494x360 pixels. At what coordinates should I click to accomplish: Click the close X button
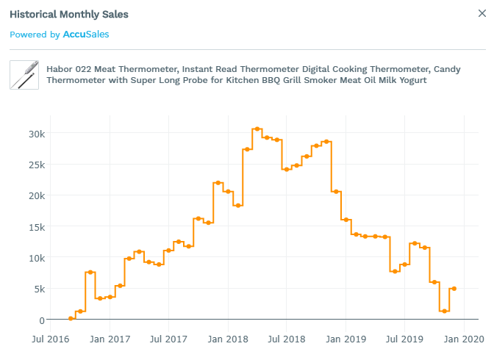pos(482,12)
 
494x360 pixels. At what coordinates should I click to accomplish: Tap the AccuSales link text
pos(86,35)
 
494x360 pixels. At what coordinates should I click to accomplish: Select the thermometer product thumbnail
pos(24,75)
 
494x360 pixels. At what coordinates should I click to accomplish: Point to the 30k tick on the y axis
pos(37,134)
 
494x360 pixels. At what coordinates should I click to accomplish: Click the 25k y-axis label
pos(37,165)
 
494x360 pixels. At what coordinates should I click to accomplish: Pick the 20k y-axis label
pos(37,195)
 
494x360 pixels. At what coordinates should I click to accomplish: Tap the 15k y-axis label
pos(37,227)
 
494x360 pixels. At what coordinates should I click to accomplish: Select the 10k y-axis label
pos(37,258)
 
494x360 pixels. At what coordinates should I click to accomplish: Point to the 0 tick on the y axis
pos(42,320)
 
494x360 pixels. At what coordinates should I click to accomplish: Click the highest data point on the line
pos(257,129)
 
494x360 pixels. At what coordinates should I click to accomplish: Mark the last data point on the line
pos(454,289)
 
